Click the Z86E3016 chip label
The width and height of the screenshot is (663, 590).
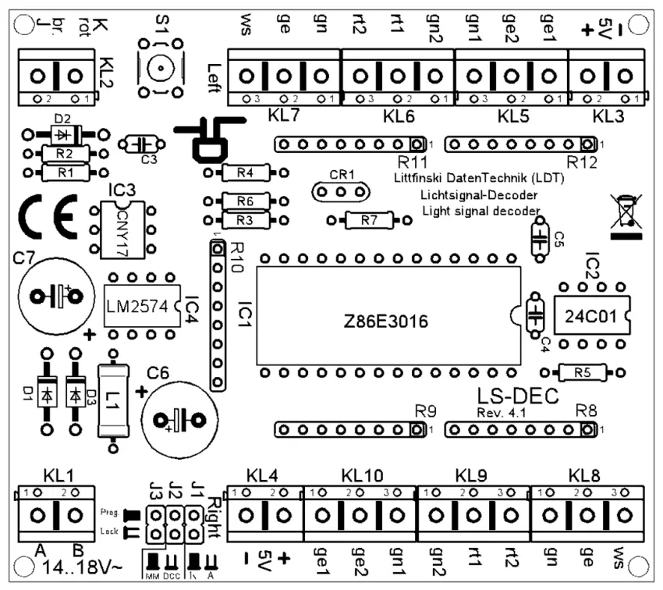pyautogui.click(x=388, y=321)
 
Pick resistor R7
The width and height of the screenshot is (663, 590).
pyautogui.click(x=370, y=221)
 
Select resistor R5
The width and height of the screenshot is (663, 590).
pyautogui.click(x=582, y=372)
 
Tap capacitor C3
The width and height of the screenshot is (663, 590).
pyautogui.click(x=142, y=144)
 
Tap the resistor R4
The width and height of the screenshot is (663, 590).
pyautogui.click(x=245, y=172)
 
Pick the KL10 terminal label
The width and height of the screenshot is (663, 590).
pyautogui.click(x=362, y=475)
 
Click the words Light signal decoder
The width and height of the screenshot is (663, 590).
pyautogui.click(x=480, y=211)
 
